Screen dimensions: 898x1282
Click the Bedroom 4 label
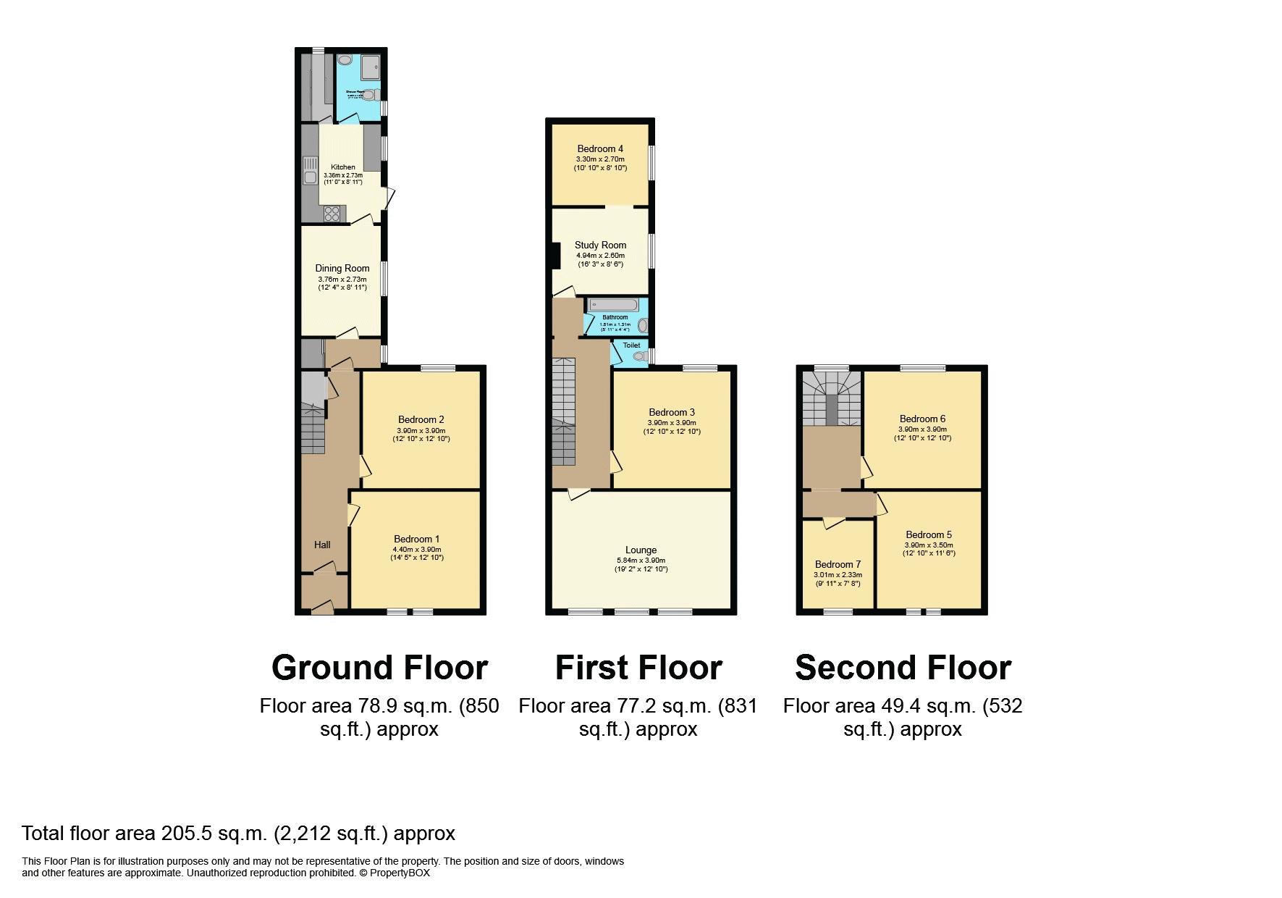tap(600, 148)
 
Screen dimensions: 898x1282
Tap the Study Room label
tap(600, 245)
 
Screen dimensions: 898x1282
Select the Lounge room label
tap(641, 550)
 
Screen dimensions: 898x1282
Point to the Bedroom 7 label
tap(838, 564)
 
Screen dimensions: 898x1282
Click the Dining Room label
tap(342, 268)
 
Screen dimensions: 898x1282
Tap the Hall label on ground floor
tap(322, 545)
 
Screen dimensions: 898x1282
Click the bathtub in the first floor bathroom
tap(612, 305)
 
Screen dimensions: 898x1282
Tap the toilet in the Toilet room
tap(639, 356)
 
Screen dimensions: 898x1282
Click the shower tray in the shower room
tap(369, 66)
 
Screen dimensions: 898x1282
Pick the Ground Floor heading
tap(379, 667)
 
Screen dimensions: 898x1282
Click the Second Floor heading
tap(903, 667)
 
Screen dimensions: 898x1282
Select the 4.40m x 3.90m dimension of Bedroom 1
tap(416, 549)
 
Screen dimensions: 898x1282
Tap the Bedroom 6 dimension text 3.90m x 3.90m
tap(922, 429)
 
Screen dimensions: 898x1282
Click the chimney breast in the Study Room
tap(556, 255)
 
